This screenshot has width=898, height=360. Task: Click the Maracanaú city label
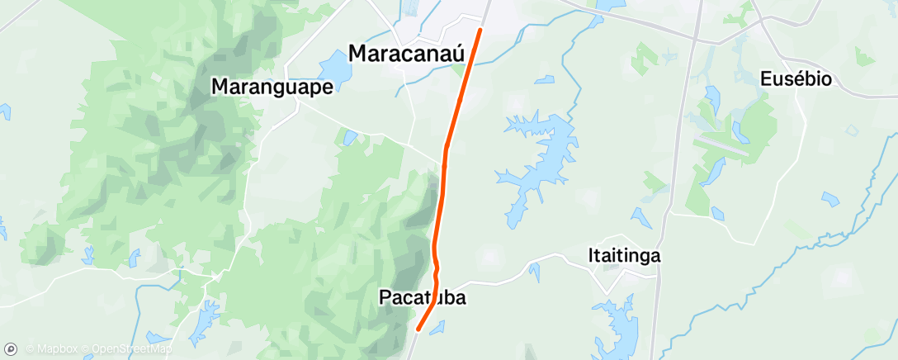tap(408, 53)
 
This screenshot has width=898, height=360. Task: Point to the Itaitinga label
tap(625, 255)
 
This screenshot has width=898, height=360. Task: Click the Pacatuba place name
tap(422, 297)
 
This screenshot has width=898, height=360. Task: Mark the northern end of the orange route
tap(480, 31)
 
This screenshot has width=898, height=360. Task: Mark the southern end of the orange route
tap(418, 330)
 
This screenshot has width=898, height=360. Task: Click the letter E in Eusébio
tap(763, 79)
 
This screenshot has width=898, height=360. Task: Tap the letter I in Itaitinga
tap(592, 255)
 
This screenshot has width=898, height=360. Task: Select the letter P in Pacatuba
tap(385, 297)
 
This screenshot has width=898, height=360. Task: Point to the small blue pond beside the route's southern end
tap(437, 326)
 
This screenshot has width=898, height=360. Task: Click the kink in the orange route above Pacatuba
tap(435, 268)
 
